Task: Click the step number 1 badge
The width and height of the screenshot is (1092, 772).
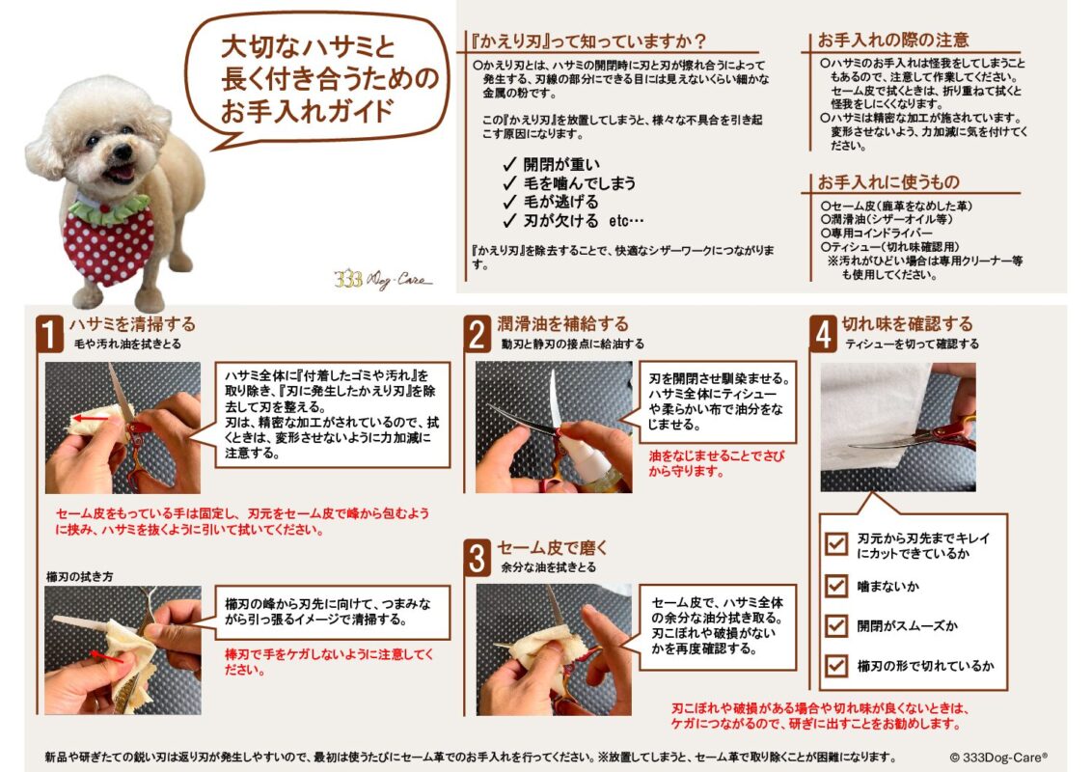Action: [x=50, y=334]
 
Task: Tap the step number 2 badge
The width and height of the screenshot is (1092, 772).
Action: [x=478, y=334]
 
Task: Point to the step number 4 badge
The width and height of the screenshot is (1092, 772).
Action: [x=823, y=334]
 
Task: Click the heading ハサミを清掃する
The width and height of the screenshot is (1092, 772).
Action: [x=131, y=323]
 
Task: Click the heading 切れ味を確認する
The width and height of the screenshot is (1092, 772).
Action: [x=907, y=323]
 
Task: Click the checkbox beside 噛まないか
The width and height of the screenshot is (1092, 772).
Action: [x=835, y=586]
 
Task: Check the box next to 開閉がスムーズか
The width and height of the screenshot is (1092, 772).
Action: [x=835, y=625]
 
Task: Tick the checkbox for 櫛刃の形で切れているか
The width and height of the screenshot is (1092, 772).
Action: [x=835, y=665]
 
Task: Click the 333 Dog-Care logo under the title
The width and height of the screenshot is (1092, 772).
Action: [x=383, y=280]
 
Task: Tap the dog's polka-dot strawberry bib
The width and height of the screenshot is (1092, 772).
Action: [x=109, y=241]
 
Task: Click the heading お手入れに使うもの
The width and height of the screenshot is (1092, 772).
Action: [x=888, y=181]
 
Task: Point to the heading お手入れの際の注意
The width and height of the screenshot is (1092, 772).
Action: [x=893, y=41]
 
